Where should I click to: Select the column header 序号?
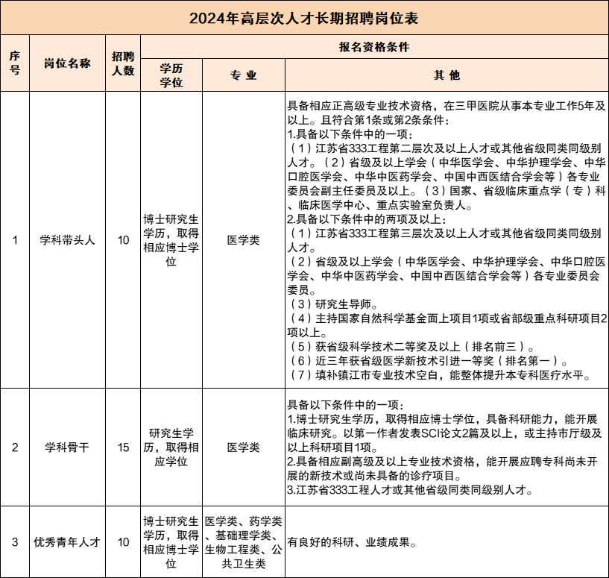(x=15, y=63)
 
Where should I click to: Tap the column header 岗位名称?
(x=68, y=63)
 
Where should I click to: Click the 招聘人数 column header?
(x=123, y=63)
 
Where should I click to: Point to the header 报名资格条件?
(x=374, y=45)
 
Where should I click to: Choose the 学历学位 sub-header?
(x=171, y=75)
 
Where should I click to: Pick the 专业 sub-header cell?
(x=243, y=75)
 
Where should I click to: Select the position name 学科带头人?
(x=68, y=240)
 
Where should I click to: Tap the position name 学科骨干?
(x=68, y=447)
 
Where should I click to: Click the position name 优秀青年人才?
(x=68, y=542)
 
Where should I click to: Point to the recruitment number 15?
(x=123, y=447)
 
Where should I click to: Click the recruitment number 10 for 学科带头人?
(x=123, y=240)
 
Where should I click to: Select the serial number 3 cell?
(x=15, y=542)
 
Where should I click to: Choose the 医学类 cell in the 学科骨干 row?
(x=243, y=447)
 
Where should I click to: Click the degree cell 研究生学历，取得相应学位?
(x=171, y=447)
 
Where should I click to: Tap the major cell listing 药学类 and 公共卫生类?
(x=243, y=542)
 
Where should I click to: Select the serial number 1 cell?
(x=15, y=240)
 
